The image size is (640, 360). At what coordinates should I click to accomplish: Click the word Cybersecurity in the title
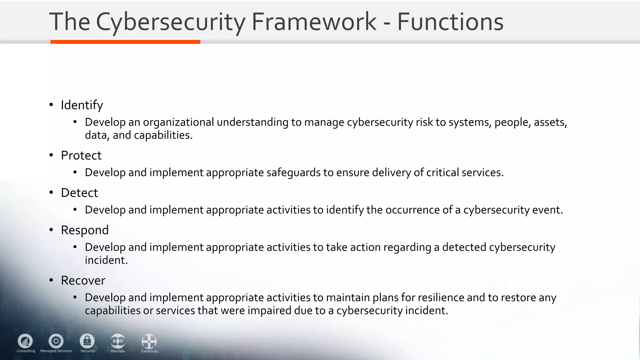(x=170, y=22)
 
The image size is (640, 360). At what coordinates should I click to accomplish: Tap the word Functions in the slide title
(x=450, y=22)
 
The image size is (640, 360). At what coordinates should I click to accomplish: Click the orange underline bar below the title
(x=125, y=42)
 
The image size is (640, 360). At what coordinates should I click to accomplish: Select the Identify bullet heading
(x=82, y=105)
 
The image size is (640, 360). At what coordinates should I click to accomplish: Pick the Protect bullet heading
(x=81, y=155)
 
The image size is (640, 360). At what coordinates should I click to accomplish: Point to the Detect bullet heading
(x=79, y=193)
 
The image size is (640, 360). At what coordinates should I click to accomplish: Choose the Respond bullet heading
(x=85, y=230)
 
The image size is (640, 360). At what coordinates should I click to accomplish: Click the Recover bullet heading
(x=83, y=281)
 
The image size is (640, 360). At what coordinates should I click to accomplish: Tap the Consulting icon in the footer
(x=25, y=341)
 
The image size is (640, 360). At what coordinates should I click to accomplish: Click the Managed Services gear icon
(x=56, y=341)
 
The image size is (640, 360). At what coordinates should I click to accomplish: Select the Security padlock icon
(x=87, y=341)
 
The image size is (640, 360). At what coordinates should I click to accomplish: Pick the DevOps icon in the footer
(x=118, y=341)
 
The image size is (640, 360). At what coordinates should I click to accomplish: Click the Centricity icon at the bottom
(x=149, y=341)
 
